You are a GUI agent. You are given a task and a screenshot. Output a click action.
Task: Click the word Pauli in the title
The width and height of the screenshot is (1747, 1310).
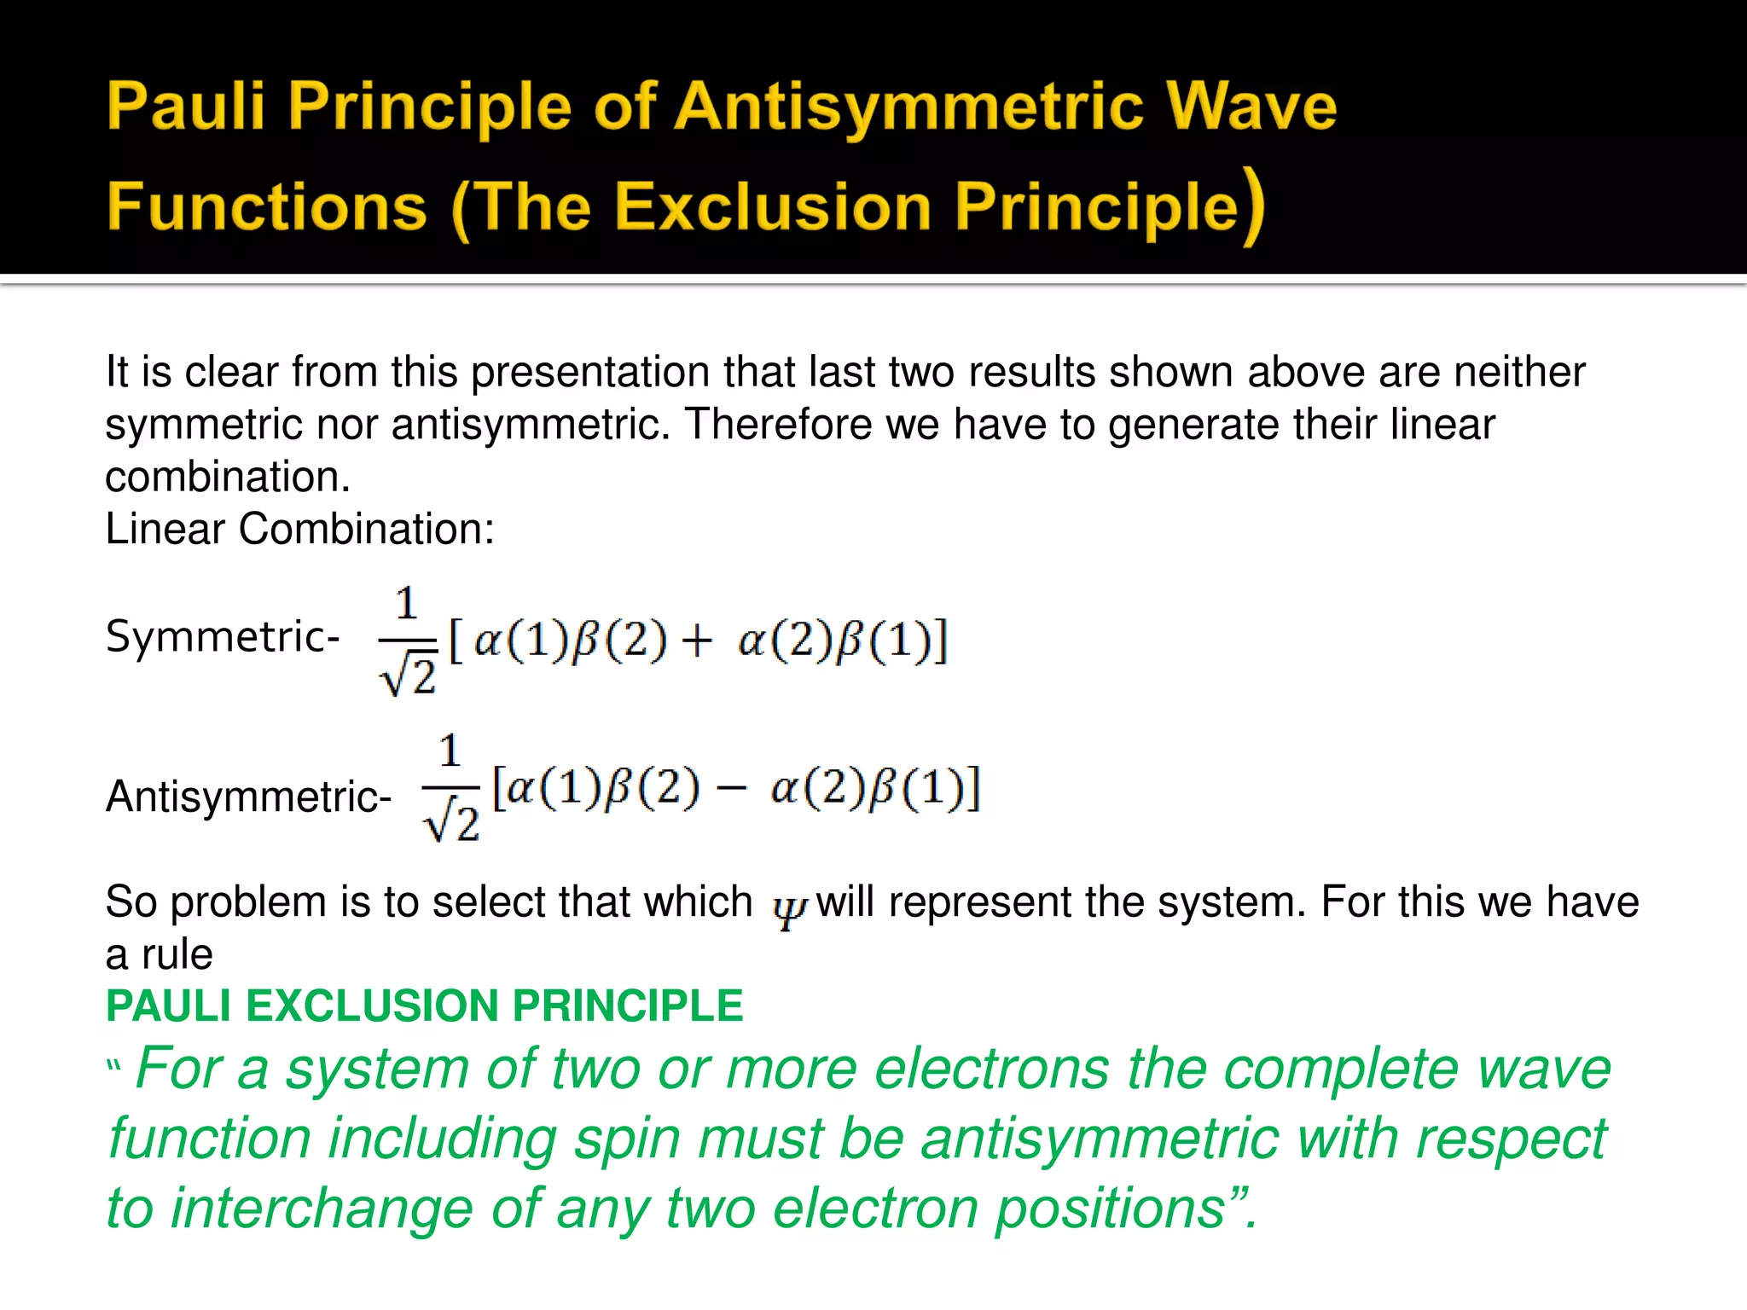coord(185,107)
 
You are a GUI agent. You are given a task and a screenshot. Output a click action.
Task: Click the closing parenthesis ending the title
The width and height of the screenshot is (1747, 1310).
coord(1252,207)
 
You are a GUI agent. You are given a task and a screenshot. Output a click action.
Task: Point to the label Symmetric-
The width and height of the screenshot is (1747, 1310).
coord(223,636)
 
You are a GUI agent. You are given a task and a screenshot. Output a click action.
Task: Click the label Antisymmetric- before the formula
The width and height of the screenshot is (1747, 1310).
coord(248,797)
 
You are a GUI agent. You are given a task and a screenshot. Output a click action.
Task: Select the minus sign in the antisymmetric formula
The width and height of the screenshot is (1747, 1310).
coord(732,789)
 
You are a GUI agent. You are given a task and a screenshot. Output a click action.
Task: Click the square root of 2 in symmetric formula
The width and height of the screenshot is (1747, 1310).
coord(409,676)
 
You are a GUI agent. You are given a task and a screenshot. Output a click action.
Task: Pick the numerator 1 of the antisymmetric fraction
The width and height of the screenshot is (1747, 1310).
coord(450,751)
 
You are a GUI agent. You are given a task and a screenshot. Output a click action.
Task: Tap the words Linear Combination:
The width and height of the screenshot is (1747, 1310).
coord(299,529)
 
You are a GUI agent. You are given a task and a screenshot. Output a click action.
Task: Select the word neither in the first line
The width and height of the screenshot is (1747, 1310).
coord(1519,373)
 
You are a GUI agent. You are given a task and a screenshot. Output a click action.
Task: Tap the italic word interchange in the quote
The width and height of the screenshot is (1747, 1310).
coord(322,1209)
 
